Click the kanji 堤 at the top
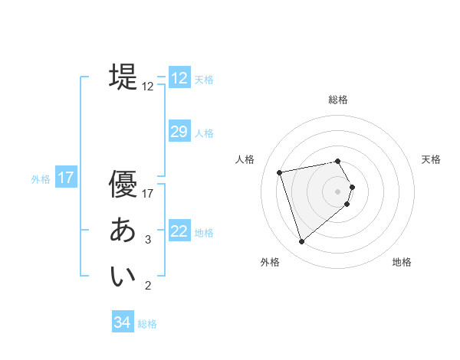tap(123, 77)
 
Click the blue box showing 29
tap(179, 132)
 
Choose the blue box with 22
tap(179, 231)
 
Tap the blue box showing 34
tap(122, 322)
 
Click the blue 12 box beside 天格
tap(179, 78)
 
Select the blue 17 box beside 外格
tap(66, 178)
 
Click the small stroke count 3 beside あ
tap(148, 240)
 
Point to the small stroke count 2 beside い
tap(148, 286)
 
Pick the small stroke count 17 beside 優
tap(149, 194)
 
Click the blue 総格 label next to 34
tap(147, 324)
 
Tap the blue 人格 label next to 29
tap(204, 133)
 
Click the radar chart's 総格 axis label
tap(338, 100)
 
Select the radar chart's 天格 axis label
tap(431, 159)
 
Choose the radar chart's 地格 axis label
tap(402, 262)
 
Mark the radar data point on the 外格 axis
tap(302, 242)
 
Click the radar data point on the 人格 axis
tap(280, 172)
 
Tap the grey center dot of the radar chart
tap(337, 191)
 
